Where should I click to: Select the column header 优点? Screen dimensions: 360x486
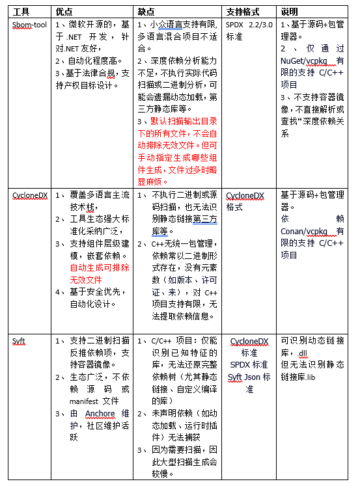pyautogui.click(x=64, y=11)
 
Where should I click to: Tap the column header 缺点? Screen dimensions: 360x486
pyautogui.click(x=145, y=11)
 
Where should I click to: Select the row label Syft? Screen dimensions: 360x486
pyautogui.click(x=19, y=340)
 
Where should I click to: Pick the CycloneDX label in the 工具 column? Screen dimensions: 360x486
pyautogui.click(x=30, y=195)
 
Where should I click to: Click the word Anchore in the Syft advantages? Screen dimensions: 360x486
pyautogui.click(x=100, y=414)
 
